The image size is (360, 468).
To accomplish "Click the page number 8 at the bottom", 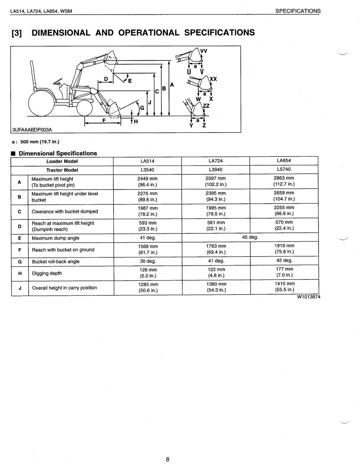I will point(168,459).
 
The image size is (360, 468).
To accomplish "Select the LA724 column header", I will point(216,161).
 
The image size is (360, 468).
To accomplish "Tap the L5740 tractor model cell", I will point(284,169).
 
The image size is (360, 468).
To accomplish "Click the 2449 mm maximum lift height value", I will point(147,179).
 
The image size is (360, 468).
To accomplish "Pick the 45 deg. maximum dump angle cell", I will point(250,237).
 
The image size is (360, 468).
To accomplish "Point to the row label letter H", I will point(20,273).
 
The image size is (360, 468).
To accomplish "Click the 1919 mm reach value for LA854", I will point(284,246).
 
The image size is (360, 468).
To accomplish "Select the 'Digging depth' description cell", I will point(47,273).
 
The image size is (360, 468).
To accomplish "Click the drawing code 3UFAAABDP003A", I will point(32,129).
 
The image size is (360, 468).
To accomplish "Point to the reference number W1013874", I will point(308,296).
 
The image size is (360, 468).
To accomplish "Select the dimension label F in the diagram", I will point(104,120).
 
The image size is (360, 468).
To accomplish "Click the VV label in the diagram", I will point(204,51).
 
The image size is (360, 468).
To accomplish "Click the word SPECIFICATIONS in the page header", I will point(298,11).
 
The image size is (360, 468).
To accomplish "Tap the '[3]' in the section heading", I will point(18,33).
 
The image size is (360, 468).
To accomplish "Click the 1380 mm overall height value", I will point(216,284).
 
